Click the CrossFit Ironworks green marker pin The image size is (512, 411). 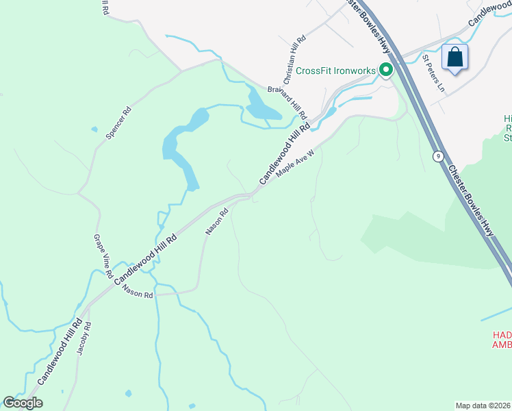[x=386, y=70]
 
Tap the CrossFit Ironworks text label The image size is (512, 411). [x=335, y=71]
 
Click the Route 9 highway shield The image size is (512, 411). [x=437, y=156]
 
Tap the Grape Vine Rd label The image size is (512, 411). [x=102, y=256]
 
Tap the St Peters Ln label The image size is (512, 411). [x=433, y=74]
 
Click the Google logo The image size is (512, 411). [x=23, y=402]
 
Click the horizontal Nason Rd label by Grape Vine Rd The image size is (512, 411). [x=138, y=290]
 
